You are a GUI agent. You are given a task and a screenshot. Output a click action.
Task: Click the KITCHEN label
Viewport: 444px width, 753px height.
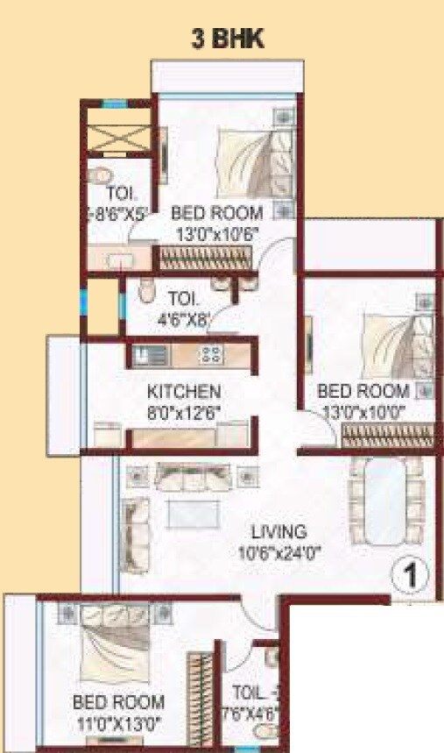point(184,391)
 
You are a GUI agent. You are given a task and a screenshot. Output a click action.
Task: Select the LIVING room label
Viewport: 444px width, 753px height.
point(278,532)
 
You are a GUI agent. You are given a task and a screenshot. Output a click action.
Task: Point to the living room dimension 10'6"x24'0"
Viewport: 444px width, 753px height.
point(278,552)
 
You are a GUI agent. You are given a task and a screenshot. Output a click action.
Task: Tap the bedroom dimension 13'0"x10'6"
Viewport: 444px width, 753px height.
point(216,232)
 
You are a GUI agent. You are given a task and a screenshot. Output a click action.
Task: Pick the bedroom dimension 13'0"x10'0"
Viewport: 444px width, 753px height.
point(363,410)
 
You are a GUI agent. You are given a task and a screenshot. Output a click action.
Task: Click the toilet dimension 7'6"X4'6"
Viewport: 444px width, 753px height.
point(250,712)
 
